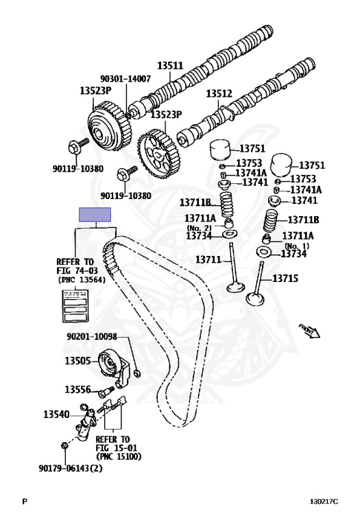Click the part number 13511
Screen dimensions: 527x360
coord(171,66)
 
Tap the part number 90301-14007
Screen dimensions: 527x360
coord(125,80)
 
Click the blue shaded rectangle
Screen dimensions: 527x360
coord(97,213)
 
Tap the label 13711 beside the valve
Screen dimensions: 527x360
coord(208,259)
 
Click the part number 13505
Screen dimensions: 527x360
coord(79,360)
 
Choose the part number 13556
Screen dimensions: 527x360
coord(79,390)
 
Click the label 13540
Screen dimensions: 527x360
coord(57,414)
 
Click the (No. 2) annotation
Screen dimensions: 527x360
coord(201,227)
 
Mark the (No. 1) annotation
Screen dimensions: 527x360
coord(297,245)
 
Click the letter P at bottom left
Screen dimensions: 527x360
coord(25,502)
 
